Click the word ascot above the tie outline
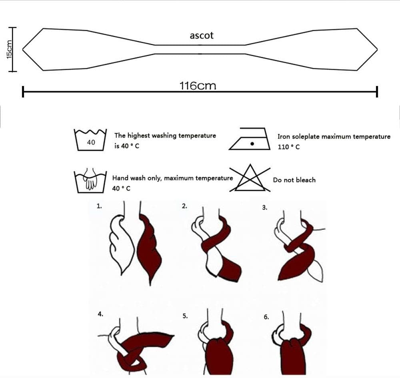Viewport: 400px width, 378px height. click(x=202, y=36)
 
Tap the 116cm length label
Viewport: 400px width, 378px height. click(x=198, y=86)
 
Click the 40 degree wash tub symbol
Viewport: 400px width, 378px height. click(x=91, y=140)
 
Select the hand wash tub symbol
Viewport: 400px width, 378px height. click(x=90, y=181)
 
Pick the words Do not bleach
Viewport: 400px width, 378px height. click(x=294, y=180)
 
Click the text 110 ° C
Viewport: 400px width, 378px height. click(x=288, y=147)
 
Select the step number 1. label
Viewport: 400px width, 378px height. click(x=99, y=206)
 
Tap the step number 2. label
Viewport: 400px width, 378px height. click(x=184, y=206)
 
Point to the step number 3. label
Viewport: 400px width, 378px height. click(x=264, y=208)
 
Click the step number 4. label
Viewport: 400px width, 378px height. click(x=100, y=314)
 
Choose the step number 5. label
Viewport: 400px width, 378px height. click(x=185, y=316)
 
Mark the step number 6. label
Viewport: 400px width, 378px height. click(x=266, y=317)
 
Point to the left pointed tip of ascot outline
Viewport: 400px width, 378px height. click(x=23, y=49)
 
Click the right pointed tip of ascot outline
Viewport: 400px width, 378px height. click(x=377, y=49)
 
